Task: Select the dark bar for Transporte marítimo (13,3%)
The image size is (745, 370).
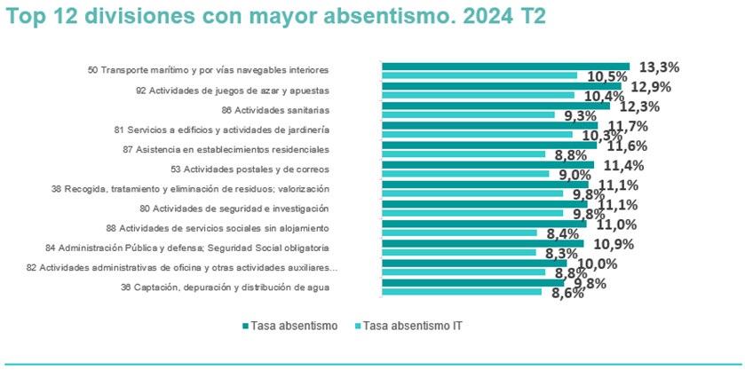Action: click(505, 66)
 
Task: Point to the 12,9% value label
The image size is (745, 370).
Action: click(650, 87)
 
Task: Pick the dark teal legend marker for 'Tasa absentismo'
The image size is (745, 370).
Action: click(245, 326)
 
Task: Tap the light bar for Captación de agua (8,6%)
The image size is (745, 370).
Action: click(461, 292)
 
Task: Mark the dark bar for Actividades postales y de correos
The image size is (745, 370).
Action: click(487, 164)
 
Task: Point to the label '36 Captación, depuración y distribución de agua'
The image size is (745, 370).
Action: click(225, 287)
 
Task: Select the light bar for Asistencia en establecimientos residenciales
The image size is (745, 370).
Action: click(463, 154)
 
